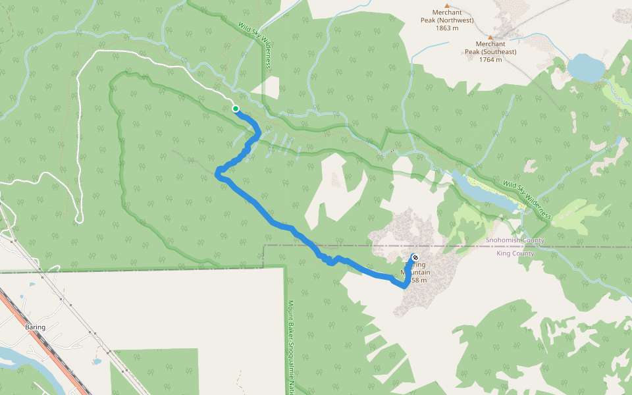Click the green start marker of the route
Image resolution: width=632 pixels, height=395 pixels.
tap(235, 109)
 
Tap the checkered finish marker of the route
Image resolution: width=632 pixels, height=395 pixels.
tap(415, 257)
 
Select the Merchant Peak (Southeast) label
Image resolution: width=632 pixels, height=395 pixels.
tap(490, 48)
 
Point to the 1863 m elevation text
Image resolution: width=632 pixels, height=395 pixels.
tap(446, 28)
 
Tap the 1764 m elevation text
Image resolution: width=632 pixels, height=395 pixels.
tap(490, 60)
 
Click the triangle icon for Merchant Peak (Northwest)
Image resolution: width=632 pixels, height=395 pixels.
tap(446, 5)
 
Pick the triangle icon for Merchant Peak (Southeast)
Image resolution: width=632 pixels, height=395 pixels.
tap(490, 37)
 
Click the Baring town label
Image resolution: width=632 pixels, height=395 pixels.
tap(35, 327)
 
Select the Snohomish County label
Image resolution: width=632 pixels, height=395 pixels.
tap(515, 241)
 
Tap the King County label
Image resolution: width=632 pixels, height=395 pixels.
tap(515, 253)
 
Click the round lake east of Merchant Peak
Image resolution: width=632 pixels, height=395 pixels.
tap(585, 68)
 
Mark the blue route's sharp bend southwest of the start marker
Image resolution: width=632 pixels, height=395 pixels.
tap(219, 172)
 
